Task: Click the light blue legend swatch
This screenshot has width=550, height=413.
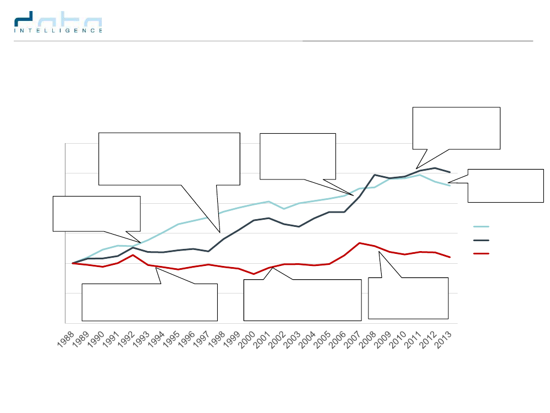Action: click(482, 226)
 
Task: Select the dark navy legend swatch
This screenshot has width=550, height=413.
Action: click(482, 240)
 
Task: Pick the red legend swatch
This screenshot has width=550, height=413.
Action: click(482, 254)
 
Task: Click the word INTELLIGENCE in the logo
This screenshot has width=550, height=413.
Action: click(58, 31)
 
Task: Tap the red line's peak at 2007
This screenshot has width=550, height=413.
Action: click(359, 243)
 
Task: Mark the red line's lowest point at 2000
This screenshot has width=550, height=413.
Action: click(254, 274)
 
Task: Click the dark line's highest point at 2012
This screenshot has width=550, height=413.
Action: click(435, 168)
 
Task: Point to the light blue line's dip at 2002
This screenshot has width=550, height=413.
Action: click(284, 209)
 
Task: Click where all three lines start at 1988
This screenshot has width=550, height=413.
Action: click(73, 263)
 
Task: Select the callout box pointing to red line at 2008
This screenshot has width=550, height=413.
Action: click(408, 298)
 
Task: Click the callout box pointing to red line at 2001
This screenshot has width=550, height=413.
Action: click(302, 300)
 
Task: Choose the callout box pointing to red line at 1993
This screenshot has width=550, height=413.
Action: click(150, 302)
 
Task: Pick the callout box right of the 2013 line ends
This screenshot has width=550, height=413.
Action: click(505, 186)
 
